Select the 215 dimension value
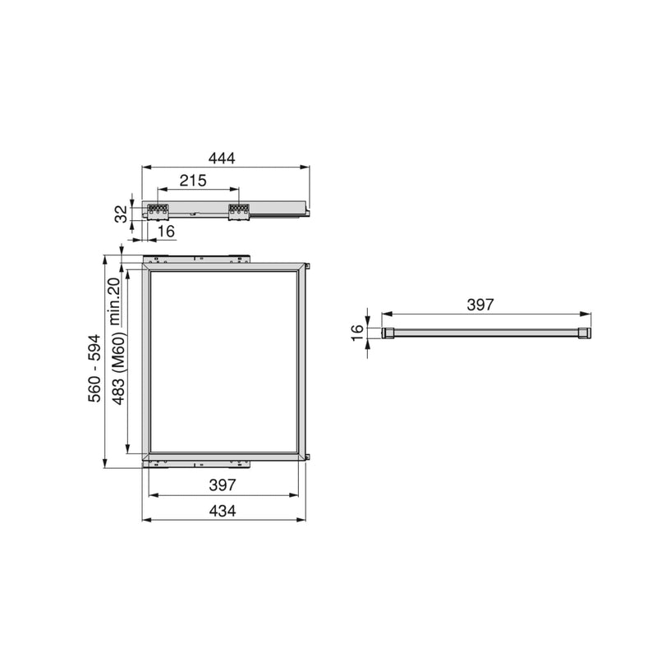(194, 181)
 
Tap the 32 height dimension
(122, 213)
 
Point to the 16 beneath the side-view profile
(166, 232)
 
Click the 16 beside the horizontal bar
(357, 332)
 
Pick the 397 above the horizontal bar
(480, 305)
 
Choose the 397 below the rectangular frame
(222, 485)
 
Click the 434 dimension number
(222, 510)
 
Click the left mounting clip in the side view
(157, 211)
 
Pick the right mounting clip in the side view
(238, 211)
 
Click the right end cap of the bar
(584, 333)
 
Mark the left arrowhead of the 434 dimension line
(145, 520)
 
